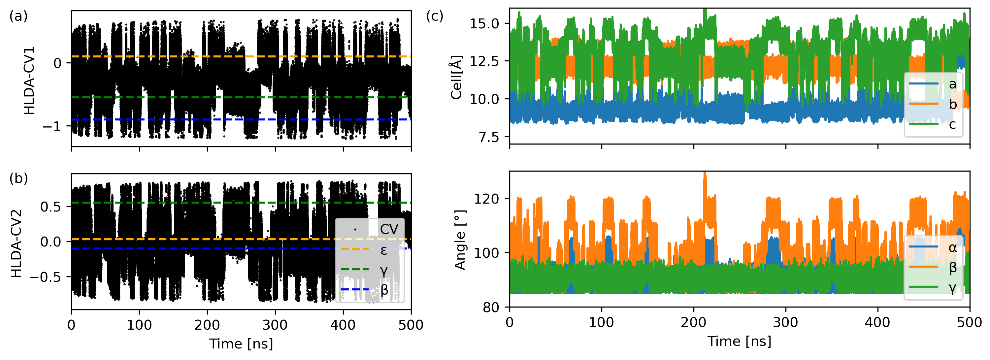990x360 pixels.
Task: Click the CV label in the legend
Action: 389,229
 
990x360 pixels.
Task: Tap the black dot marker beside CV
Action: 355,230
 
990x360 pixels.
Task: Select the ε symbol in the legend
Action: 383,250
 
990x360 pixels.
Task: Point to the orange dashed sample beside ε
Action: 355,249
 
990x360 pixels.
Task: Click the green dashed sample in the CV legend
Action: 355,269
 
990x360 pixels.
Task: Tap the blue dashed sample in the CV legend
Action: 355,289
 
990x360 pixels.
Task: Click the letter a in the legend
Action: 952,84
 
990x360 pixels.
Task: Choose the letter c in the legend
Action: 952,124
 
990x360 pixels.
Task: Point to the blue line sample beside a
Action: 924,83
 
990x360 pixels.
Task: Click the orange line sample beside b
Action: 924,104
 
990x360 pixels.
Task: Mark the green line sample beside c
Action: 924,124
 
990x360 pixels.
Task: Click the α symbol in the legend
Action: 952,247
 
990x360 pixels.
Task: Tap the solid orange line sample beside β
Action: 924,266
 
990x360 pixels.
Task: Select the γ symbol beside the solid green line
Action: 952,287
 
